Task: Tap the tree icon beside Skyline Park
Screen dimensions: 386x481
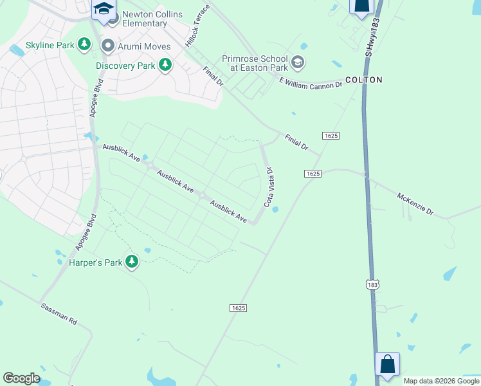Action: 84,44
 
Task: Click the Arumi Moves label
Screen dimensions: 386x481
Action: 145,46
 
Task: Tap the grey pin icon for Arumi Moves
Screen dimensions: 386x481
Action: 107,46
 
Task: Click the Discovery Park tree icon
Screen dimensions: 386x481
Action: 165,64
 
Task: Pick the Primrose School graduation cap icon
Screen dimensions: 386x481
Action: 297,62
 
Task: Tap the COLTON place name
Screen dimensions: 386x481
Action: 363,80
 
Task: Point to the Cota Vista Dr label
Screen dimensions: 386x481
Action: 269,188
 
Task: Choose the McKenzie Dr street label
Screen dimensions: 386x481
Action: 415,205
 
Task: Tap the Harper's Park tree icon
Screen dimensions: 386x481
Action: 132,261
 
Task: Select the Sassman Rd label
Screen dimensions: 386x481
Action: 60,313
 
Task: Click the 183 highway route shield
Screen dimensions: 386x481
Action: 372,284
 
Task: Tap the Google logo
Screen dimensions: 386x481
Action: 21,378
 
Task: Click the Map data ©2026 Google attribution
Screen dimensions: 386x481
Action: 441,381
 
